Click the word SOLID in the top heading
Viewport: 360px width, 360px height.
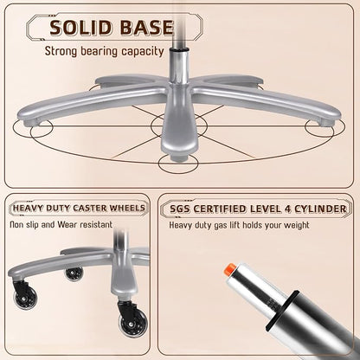pos(80,28)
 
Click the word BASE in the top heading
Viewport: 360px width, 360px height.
pos(146,28)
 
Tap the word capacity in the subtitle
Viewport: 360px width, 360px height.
pos(143,52)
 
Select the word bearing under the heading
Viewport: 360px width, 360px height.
pos(99,52)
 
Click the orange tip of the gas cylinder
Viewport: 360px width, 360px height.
pos(229,269)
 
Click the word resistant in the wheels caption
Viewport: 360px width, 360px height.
pos(96,224)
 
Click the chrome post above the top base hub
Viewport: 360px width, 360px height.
pos(177,67)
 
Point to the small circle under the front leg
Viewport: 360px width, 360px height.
pos(178,164)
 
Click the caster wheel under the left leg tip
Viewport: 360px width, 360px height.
pos(25,294)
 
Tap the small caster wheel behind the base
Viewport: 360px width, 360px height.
pos(74,273)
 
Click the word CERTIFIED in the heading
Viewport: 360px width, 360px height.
pos(219,209)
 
